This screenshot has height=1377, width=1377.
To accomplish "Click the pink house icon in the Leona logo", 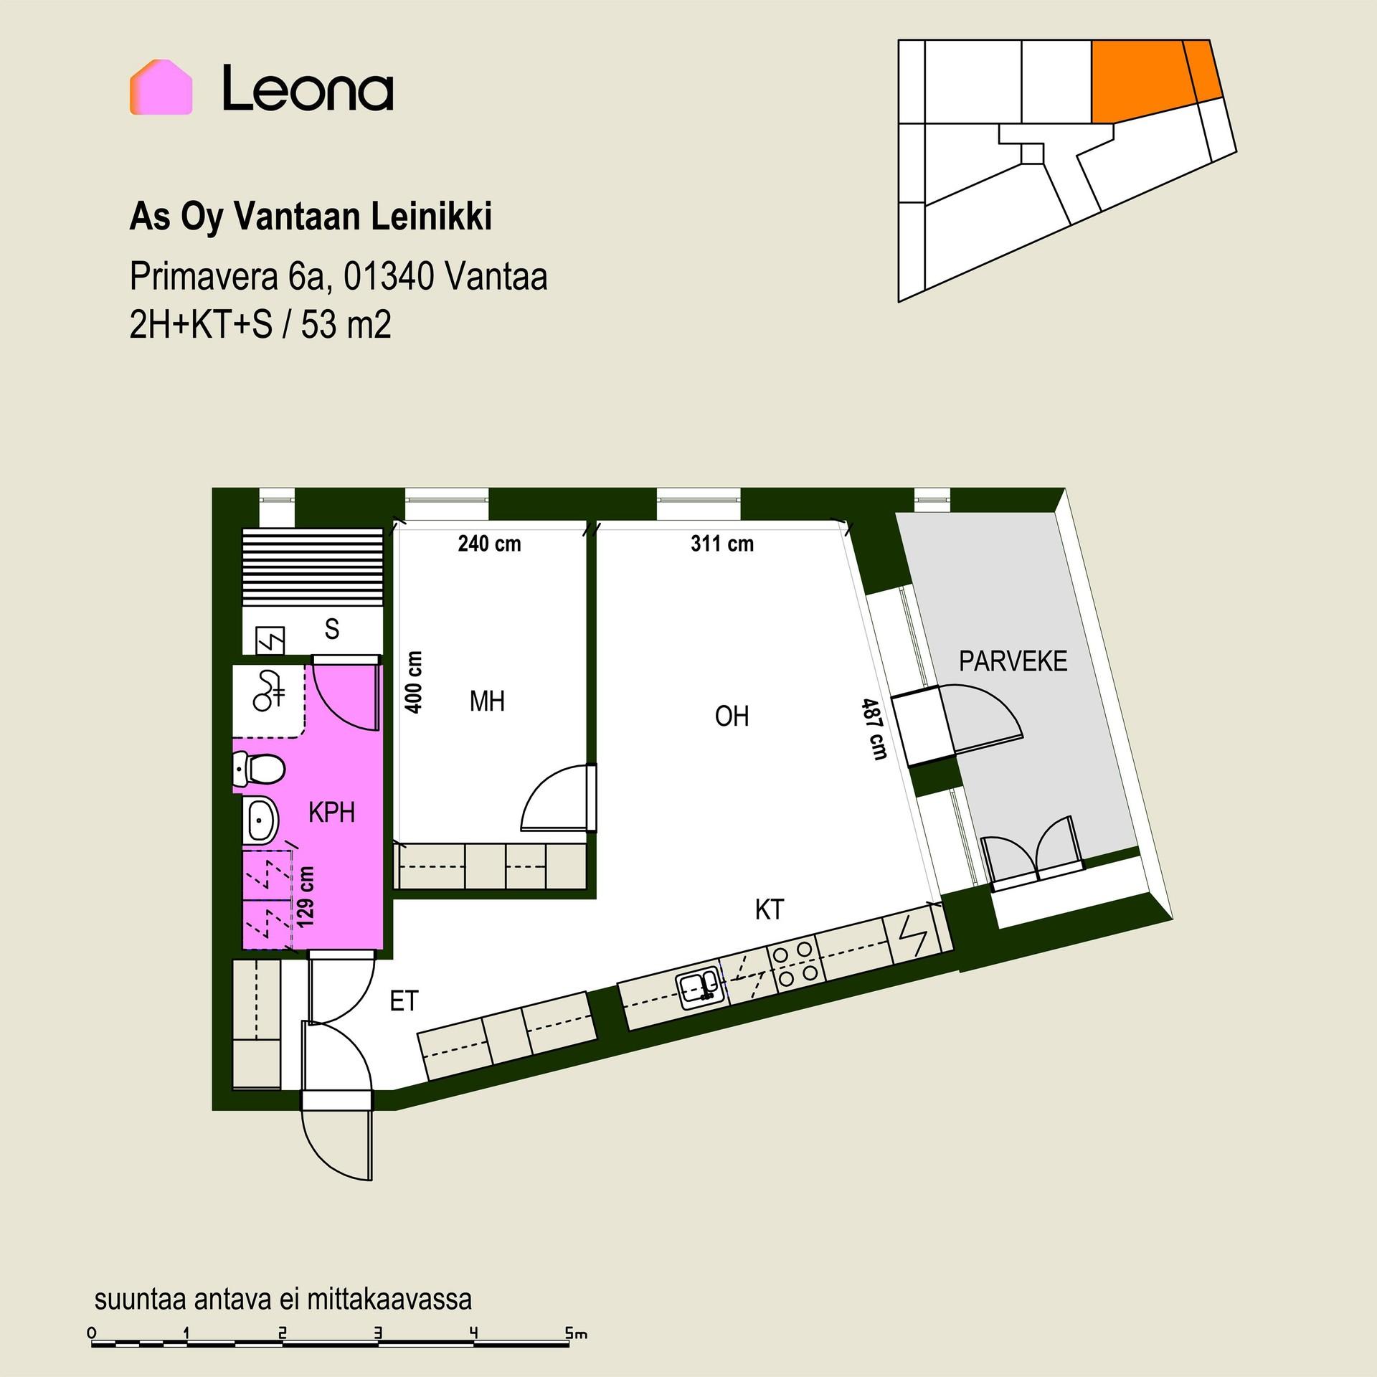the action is pyautogui.click(x=161, y=87).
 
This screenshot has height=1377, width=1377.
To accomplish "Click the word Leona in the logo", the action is pyautogui.click(x=308, y=88).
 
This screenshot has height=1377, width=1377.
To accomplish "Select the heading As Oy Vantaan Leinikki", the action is pyautogui.click(x=311, y=217).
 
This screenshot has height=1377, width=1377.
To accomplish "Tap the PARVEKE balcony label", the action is pyautogui.click(x=1013, y=661).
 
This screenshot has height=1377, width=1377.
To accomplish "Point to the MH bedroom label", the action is pyautogui.click(x=487, y=701).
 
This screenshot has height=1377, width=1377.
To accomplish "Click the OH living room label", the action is pyautogui.click(x=732, y=716).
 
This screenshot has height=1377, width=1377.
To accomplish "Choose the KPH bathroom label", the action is pyautogui.click(x=331, y=813).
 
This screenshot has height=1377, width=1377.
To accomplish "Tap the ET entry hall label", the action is pyautogui.click(x=404, y=1001).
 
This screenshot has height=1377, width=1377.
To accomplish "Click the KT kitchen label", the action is pyautogui.click(x=770, y=910).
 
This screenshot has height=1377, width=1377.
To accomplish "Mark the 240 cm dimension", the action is pyautogui.click(x=489, y=544).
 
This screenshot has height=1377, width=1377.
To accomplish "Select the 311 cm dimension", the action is pyautogui.click(x=722, y=544).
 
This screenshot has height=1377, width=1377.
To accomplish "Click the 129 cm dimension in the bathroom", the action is pyautogui.click(x=306, y=896).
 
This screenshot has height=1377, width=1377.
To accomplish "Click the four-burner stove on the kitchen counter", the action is pyautogui.click(x=794, y=962).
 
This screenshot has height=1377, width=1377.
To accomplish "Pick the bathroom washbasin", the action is pyautogui.click(x=261, y=818).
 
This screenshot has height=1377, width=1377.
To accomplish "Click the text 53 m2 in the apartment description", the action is pyautogui.click(x=346, y=326).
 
